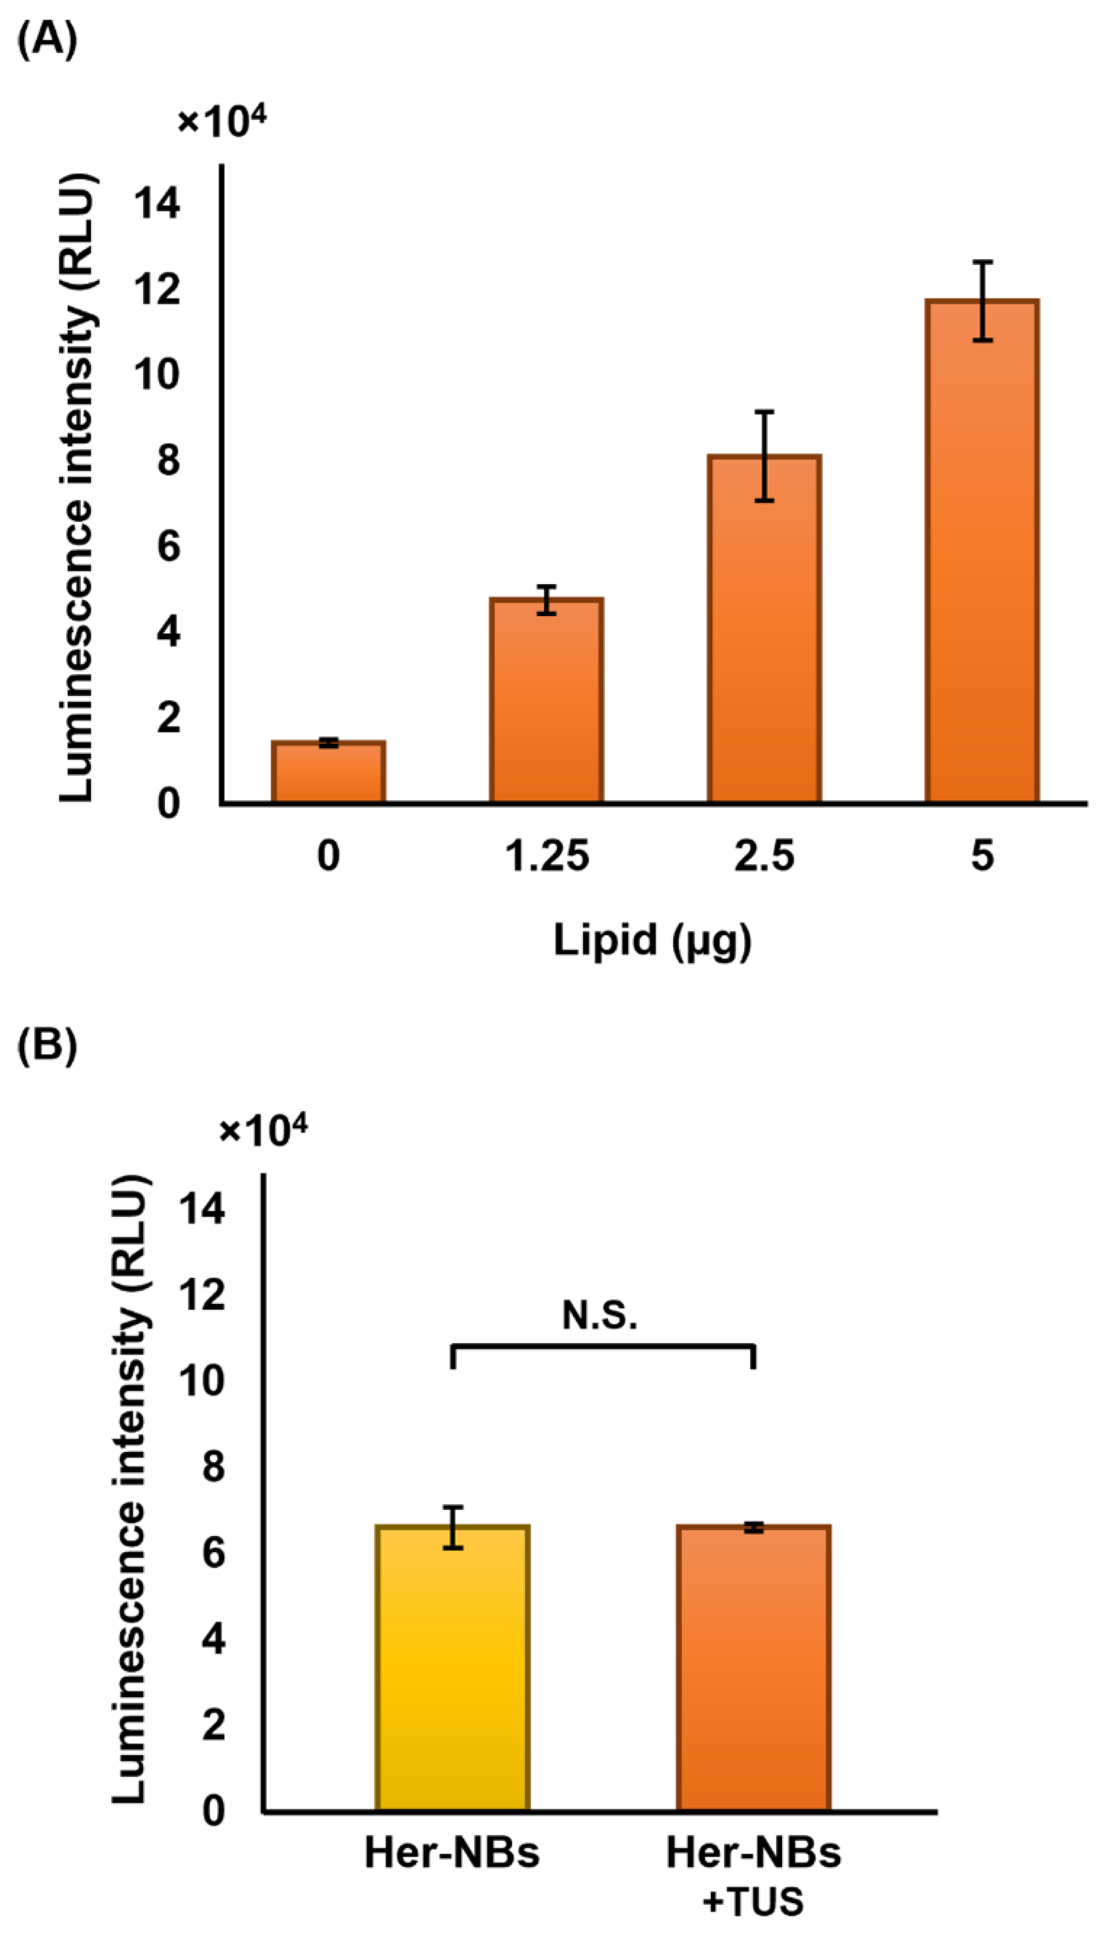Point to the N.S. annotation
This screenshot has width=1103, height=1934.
pos(600,1316)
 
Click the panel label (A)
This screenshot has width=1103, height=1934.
pos(47,40)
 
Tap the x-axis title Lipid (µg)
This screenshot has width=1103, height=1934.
pos(652,941)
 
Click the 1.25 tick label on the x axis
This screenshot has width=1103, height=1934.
pos(546,856)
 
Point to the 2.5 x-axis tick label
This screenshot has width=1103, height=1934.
pos(765,856)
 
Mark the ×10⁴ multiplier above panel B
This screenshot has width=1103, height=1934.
pos(263,1131)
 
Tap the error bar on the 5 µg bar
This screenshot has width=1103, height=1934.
pos(983,301)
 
